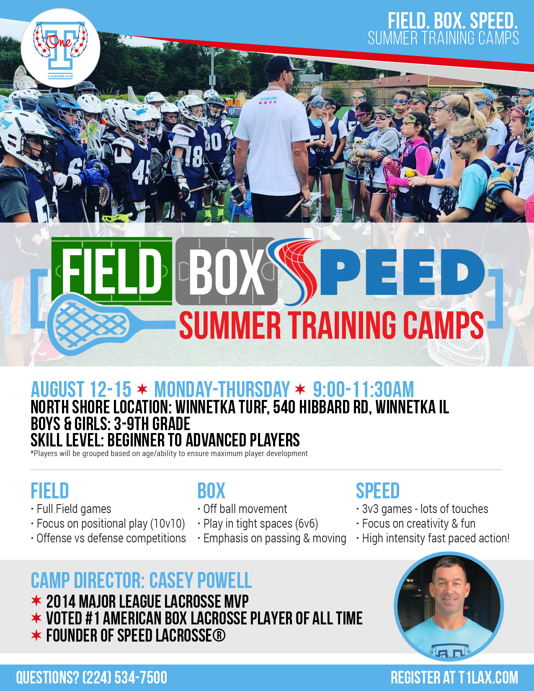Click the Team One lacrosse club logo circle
[60, 48]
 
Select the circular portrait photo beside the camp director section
[449, 606]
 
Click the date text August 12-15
[81, 389]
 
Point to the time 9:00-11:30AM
[363, 389]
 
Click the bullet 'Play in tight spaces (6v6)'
[258, 524]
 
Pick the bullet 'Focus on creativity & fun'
[416, 524]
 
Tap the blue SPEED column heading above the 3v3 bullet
[377, 491]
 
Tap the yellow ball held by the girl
[409, 173]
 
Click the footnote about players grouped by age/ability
[169, 454]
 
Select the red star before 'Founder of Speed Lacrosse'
[36, 635]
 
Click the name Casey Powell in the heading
[200, 580]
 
